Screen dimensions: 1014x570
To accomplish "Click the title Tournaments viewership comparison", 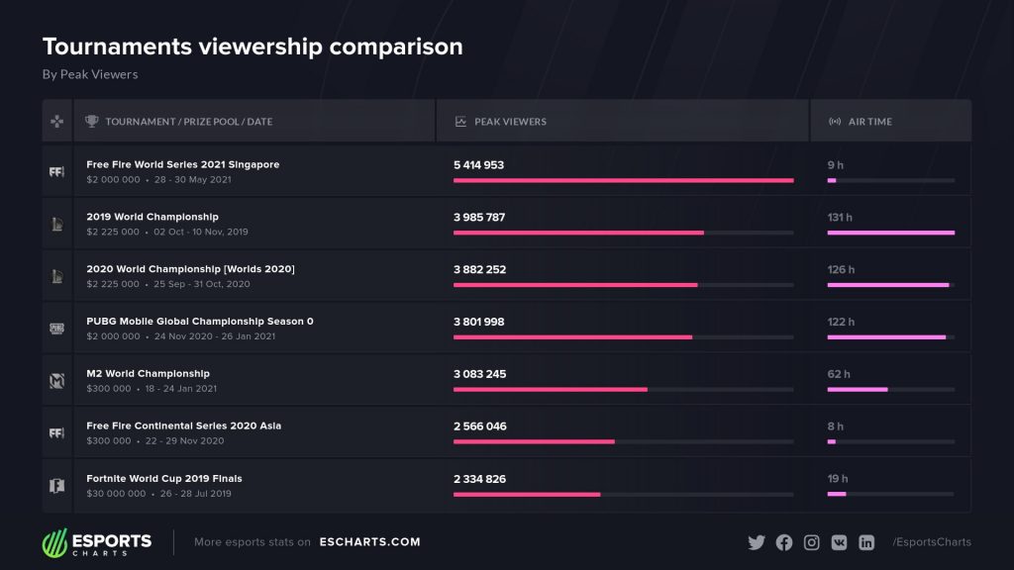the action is coord(253,47).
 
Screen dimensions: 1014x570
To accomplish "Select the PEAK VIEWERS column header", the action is coord(510,122).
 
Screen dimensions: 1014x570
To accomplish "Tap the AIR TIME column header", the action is coord(869,122).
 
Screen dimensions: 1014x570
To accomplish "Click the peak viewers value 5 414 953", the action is coord(478,165).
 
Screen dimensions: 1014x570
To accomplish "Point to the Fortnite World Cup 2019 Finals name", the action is coord(164,478).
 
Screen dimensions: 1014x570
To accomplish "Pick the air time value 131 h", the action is coord(840,217).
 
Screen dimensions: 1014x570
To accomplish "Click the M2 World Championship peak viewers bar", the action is coord(551,390).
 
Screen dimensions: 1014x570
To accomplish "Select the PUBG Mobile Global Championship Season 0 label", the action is coord(200,322).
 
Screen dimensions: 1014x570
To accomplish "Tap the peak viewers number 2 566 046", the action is coord(480,427).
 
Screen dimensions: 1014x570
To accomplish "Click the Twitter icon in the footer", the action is coord(757,542).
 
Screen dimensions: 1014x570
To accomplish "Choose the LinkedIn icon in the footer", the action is coord(866,542).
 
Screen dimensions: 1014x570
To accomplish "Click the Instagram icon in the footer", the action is coord(812,542).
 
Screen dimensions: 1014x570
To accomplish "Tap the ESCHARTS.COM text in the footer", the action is coord(370,542).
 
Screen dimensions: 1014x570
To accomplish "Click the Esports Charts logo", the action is coord(97,543).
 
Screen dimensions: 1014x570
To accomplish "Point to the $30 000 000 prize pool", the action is coord(117,494).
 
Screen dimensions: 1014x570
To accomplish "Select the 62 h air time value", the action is coord(839,374).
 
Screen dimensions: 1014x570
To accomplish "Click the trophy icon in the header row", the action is coord(92,121).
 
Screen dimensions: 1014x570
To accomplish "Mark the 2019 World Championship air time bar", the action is coord(891,233).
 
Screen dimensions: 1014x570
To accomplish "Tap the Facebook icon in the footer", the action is coord(784,542).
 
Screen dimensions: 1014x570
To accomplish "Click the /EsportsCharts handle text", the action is coord(932,542).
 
